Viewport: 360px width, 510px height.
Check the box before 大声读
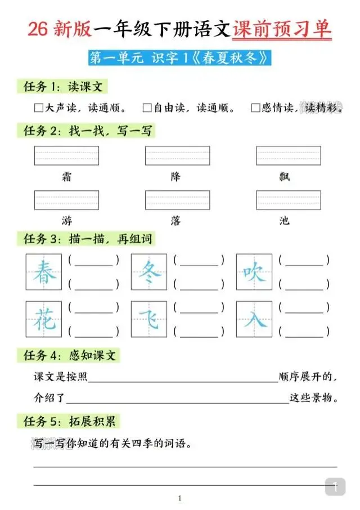(39, 108)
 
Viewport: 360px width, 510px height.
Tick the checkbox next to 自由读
(147, 108)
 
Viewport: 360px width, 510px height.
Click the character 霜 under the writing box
(67, 177)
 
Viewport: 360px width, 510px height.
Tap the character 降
(176, 177)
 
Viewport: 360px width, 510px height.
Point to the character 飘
(285, 177)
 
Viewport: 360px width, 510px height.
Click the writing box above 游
(66, 200)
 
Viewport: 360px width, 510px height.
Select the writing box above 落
(177, 200)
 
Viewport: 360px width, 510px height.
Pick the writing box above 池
(288, 200)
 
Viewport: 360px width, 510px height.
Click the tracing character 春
(44, 273)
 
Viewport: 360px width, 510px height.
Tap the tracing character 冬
(150, 273)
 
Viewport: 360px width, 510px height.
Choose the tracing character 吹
(255, 273)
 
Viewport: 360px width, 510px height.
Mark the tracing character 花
(44, 320)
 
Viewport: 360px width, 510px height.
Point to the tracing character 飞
(150, 320)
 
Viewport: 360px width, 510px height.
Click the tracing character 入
(255, 320)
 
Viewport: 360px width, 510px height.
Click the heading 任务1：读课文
(62, 87)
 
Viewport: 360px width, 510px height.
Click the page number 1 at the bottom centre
(179, 498)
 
